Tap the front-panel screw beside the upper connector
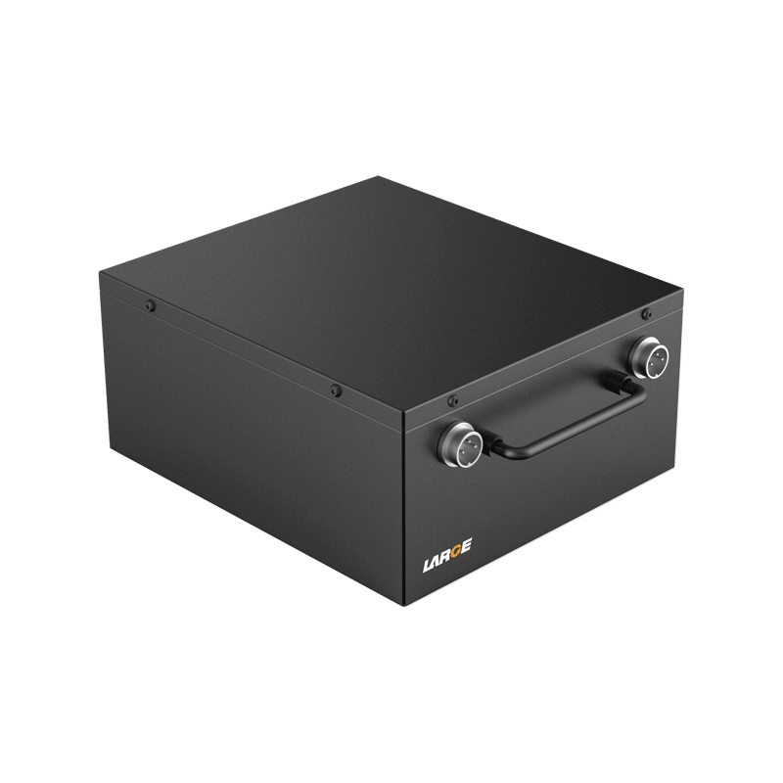(646, 313)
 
